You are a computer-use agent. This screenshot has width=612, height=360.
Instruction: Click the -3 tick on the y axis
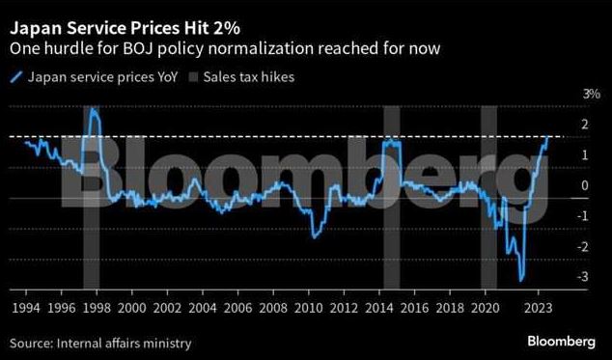583,277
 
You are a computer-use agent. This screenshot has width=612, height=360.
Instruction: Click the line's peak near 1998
93,109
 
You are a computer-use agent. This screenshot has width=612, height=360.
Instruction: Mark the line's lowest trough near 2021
521,281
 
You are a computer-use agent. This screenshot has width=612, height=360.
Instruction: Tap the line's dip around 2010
315,236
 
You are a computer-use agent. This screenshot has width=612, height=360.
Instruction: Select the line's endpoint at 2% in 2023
547,137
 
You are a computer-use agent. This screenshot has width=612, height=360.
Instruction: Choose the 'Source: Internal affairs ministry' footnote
100,342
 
